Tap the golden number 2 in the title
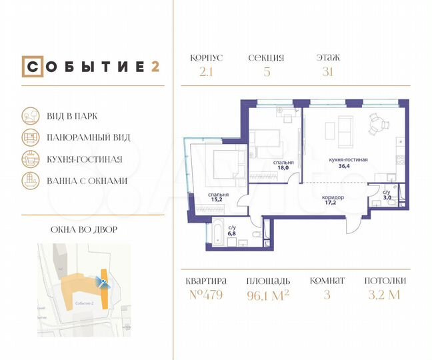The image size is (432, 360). point(155,67)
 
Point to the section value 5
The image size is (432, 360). point(267,73)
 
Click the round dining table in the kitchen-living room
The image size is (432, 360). point(378,124)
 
